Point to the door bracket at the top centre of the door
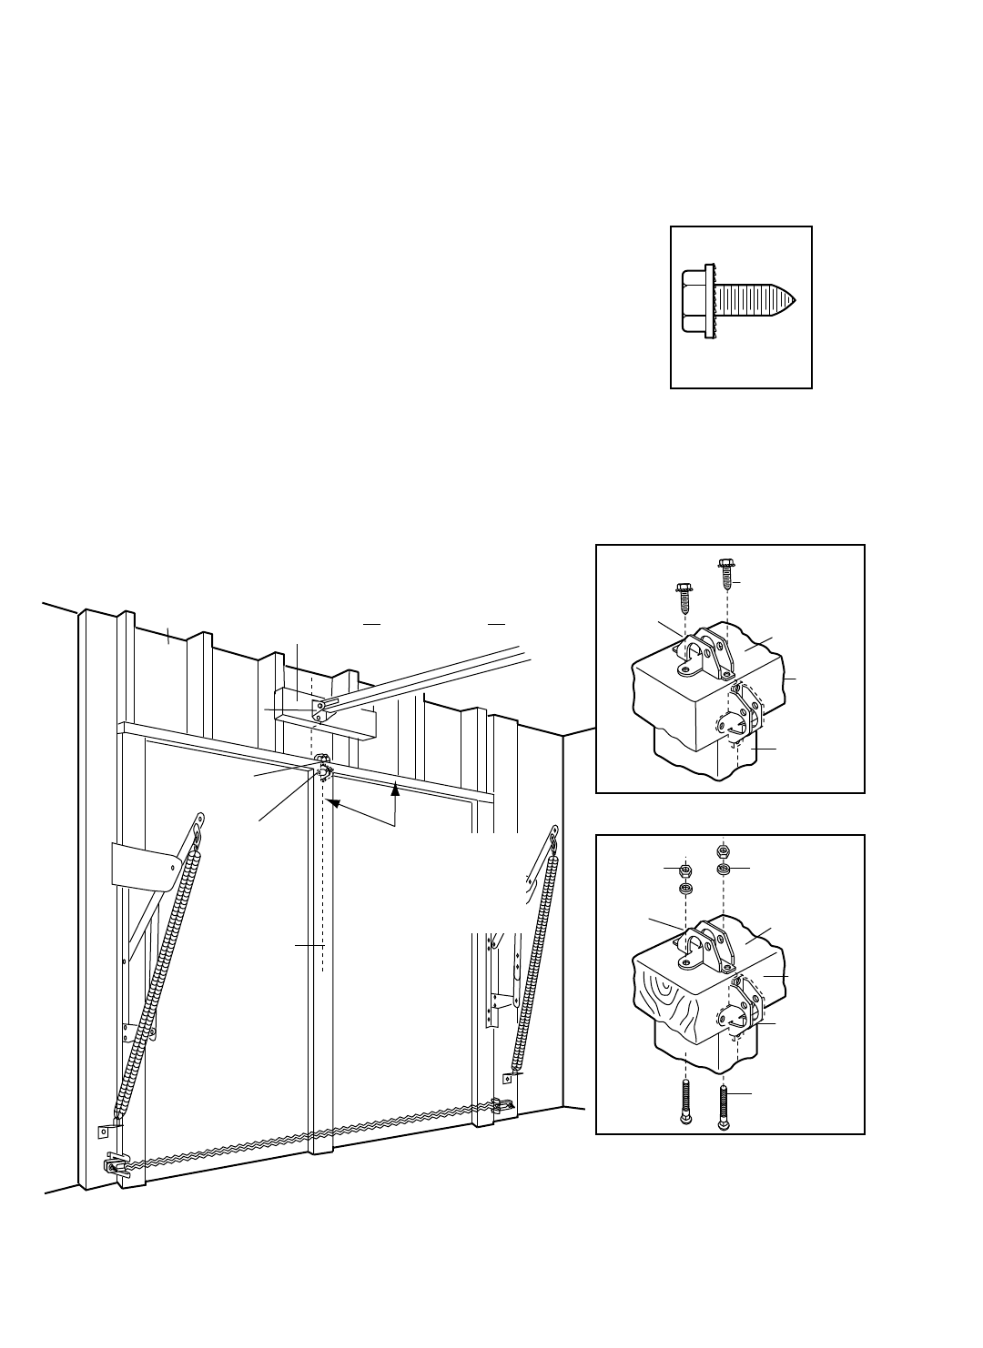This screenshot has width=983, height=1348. point(322,766)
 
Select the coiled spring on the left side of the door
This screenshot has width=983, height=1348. point(155,982)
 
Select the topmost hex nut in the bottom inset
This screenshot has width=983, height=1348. point(722,850)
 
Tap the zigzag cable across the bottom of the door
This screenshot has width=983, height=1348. point(309,1137)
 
